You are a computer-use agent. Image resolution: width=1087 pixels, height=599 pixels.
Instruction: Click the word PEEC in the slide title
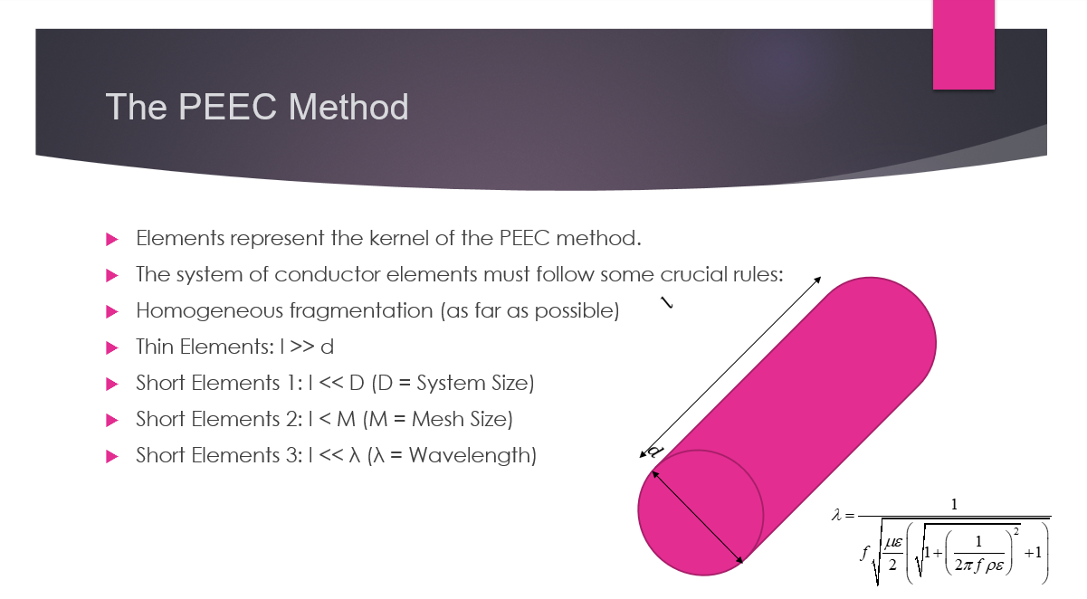[227, 107]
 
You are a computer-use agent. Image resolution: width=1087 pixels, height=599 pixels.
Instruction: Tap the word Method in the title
[348, 107]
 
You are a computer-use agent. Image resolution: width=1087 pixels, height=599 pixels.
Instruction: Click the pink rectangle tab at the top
[963, 44]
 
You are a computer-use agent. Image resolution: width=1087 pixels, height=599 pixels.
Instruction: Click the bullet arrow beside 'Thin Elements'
[112, 347]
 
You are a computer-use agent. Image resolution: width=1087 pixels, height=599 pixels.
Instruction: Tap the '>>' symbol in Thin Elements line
[301, 347]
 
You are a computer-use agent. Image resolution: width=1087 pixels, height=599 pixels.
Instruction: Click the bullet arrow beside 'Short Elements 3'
[112, 456]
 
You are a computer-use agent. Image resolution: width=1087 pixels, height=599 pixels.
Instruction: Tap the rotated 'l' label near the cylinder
[667, 302]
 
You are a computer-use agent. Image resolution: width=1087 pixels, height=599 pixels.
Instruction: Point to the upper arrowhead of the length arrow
[817, 280]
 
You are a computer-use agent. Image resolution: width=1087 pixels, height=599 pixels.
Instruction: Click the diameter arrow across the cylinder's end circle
[697, 518]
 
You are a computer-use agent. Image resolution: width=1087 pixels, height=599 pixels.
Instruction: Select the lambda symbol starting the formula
[836, 515]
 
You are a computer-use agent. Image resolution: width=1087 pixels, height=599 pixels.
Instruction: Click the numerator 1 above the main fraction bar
[954, 505]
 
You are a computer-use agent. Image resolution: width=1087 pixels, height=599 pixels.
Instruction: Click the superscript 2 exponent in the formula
[1015, 532]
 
